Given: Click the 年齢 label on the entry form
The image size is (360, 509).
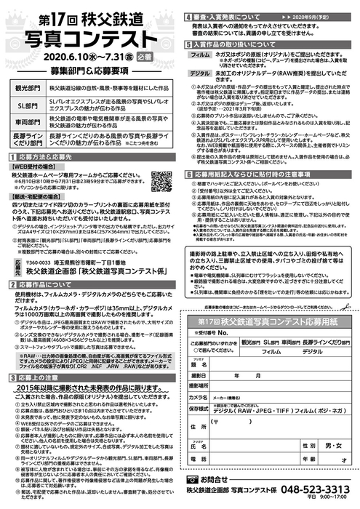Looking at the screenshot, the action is click(307, 460).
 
